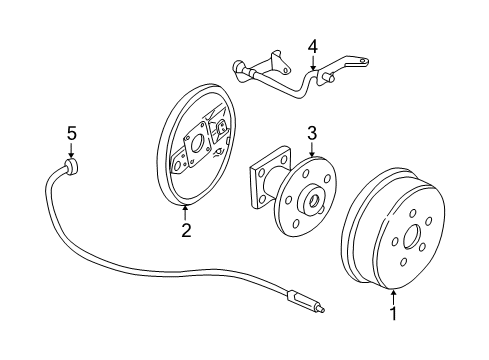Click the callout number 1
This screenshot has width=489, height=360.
(x=392, y=314)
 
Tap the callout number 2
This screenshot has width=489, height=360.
(x=186, y=231)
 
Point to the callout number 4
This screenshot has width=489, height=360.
(x=312, y=45)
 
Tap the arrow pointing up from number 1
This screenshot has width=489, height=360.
(x=392, y=294)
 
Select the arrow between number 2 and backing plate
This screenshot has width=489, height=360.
(x=186, y=210)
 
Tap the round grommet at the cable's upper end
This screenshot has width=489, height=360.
(x=71, y=165)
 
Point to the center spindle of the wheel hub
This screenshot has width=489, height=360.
(x=317, y=201)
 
